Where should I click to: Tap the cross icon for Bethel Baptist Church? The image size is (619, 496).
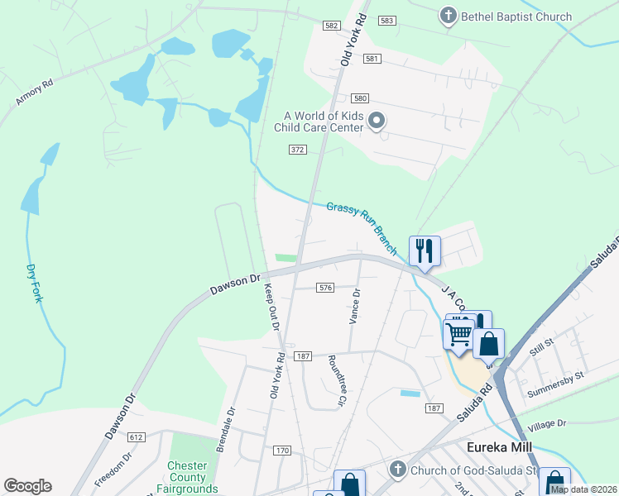[449, 16]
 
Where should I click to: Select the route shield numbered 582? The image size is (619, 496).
[332, 26]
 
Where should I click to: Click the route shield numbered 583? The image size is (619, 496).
[386, 20]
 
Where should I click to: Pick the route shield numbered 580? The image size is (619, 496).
[359, 98]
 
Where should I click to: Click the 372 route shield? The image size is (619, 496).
[298, 150]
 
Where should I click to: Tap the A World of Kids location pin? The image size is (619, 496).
[377, 122]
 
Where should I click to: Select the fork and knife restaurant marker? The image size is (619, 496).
[425, 250]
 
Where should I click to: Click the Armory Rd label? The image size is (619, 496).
[34, 93]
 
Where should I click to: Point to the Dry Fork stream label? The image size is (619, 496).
[33, 283]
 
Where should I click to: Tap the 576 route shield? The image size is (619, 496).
[325, 288]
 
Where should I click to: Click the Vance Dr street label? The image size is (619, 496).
[355, 306]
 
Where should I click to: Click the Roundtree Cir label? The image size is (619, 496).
[335, 381]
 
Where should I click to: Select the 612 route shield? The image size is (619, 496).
[137, 436]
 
